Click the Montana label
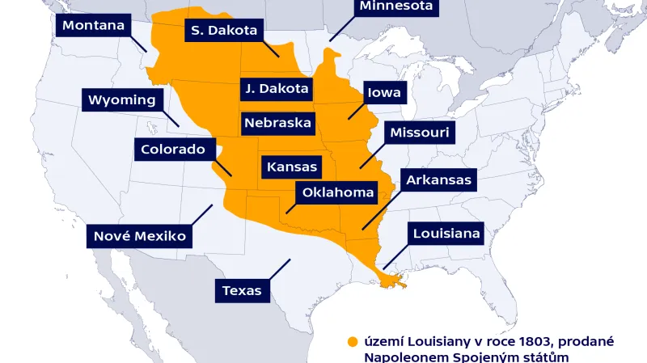(x=93, y=25)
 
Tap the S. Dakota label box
(x=223, y=31)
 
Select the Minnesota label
(x=396, y=7)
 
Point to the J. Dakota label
(x=277, y=88)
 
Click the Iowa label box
(x=384, y=92)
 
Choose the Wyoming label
(x=121, y=100)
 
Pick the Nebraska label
(x=277, y=124)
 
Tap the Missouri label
(x=419, y=132)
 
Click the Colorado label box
(x=173, y=149)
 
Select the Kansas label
(x=291, y=167)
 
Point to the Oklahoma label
(x=338, y=192)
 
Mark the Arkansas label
(x=438, y=179)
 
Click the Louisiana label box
(x=446, y=234)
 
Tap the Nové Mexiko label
(x=140, y=236)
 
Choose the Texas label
(x=242, y=290)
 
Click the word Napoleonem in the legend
(x=402, y=356)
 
